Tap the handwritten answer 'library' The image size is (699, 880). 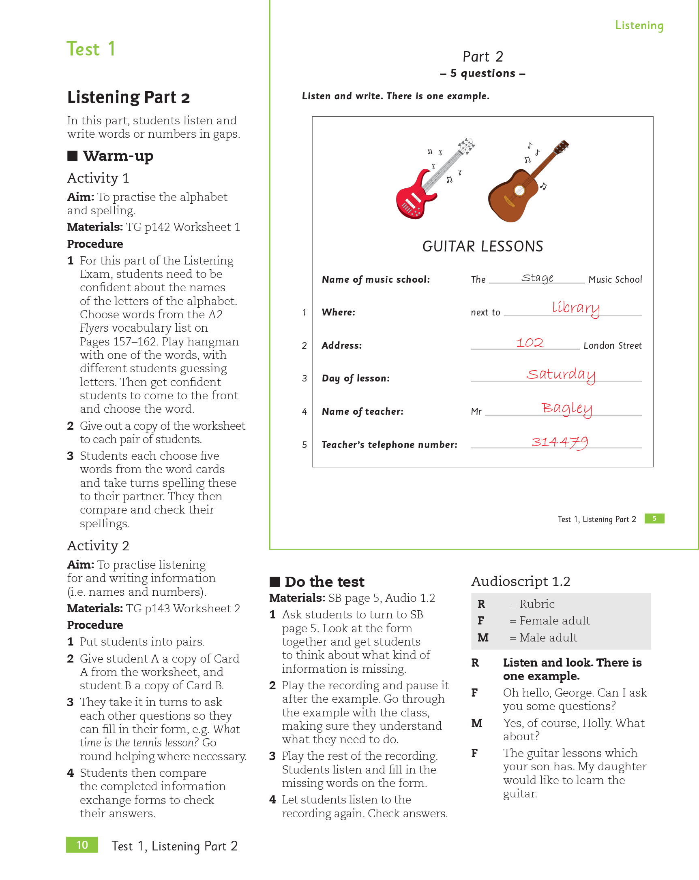click(576, 307)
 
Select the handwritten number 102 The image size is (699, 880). click(530, 342)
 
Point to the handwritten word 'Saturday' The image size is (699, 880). click(560, 374)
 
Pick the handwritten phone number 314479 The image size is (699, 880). click(559, 442)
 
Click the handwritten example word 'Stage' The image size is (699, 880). click(537, 277)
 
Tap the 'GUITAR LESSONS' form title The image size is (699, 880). click(482, 247)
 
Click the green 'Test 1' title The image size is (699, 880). click(91, 49)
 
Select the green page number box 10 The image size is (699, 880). click(82, 844)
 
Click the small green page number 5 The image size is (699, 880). click(654, 518)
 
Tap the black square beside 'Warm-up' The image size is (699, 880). click(72, 156)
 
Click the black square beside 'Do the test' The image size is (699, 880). click(274, 581)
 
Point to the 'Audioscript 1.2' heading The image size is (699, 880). click(521, 581)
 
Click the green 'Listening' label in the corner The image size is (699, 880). click(639, 25)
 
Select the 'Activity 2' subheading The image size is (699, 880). click(98, 545)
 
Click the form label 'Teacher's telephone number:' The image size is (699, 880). click(389, 445)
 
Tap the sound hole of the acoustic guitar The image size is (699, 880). click(519, 190)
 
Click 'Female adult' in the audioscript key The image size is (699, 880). click(554, 620)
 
